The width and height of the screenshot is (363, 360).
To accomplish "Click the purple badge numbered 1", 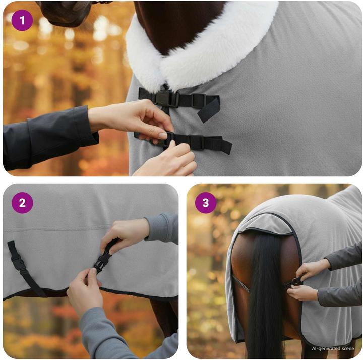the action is click(22, 20).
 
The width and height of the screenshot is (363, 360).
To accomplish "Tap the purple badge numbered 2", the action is click(22, 203).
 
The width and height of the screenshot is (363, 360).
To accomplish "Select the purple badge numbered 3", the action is click(206, 203).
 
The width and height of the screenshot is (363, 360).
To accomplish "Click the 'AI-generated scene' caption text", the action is click(333, 348).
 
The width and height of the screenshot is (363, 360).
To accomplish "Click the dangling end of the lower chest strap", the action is click(222, 145).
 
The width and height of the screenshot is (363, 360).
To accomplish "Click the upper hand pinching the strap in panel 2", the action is click(125, 234).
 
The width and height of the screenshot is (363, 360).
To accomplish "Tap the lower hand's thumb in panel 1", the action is click(172, 145).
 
